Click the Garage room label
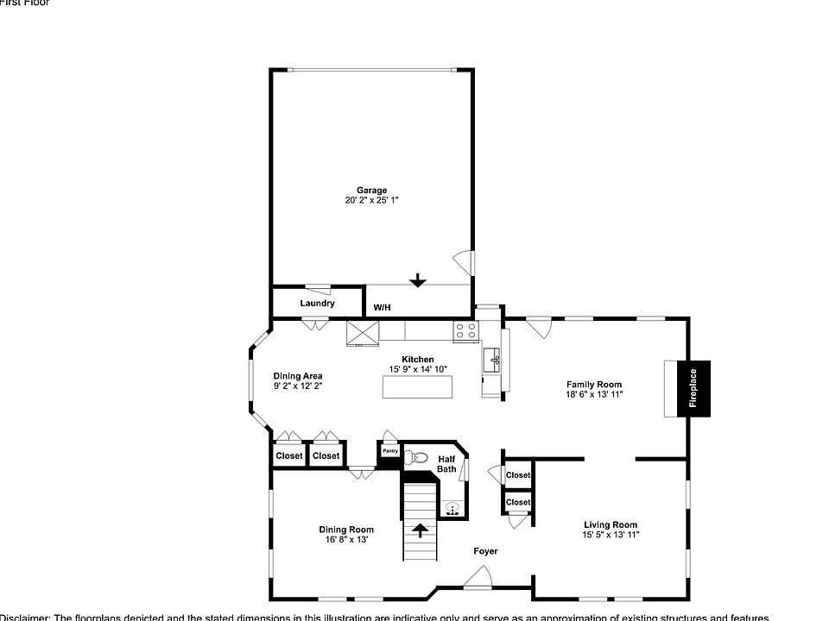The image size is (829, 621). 372,191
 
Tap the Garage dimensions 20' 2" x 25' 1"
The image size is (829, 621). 372,200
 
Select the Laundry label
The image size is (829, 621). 317,304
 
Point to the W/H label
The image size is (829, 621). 382,308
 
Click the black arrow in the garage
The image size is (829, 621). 418,280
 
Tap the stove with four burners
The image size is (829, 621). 466,330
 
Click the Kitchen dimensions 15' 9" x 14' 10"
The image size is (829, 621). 418,369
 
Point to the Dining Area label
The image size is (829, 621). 298,376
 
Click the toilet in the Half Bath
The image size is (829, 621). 418,458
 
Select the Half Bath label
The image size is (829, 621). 446,464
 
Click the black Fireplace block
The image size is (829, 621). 693,387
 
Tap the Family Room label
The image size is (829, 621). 594,385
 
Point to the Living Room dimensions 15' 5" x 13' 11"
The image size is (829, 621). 611,535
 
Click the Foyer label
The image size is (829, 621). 485,551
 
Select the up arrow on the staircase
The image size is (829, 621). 421,530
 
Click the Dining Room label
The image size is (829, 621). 346,530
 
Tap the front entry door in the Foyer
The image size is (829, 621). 478,579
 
